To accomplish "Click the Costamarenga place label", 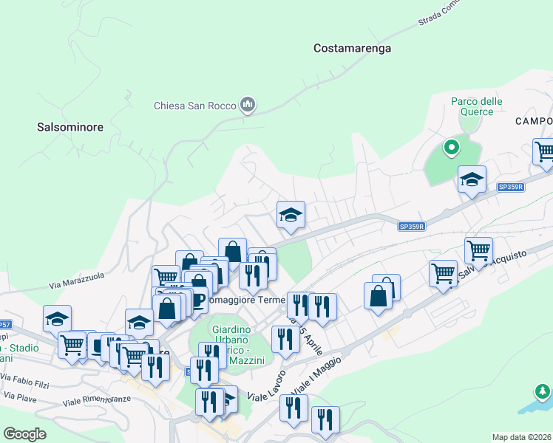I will (x=352, y=48).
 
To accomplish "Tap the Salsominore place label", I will (x=69, y=127).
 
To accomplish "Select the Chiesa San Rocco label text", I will (x=194, y=106).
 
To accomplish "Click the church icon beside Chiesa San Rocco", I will (x=248, y=106).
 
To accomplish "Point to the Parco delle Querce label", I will (x=477, y=106).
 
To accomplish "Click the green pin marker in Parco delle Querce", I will (x=451, y=148).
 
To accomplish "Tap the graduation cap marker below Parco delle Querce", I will (x=472, y=179).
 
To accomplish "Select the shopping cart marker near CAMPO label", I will (x=544, y=151).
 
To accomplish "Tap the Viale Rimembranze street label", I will (x=97, y=399).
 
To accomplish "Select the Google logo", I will (x=24, y=434).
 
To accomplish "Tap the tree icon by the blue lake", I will (x=543, y=391).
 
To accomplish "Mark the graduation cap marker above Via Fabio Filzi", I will (x=57, y=318).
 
